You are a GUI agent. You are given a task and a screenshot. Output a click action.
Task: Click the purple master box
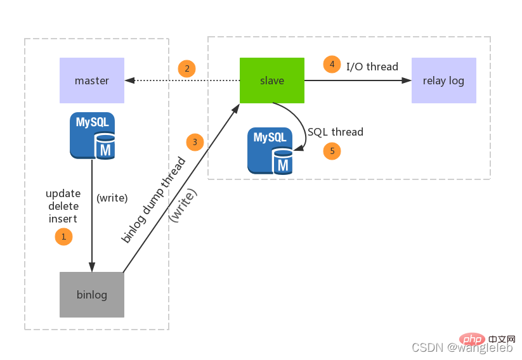coord(92,80)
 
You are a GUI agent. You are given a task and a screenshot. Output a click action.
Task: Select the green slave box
coord(272,80)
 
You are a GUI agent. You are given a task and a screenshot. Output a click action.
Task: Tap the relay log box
coord(443,80)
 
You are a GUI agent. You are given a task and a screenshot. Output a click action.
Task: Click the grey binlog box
coord(92,295)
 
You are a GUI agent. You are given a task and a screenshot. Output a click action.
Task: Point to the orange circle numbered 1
coord(63,237)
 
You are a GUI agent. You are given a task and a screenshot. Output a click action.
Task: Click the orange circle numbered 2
coord(186,68)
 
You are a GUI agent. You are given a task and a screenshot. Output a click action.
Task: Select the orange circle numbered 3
coord(195,142)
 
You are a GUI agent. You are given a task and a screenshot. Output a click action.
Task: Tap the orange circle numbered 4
coord(331,64)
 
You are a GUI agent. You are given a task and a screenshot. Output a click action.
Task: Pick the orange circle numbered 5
coord(332,151)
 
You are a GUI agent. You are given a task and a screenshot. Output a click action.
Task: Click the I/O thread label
coord(372,67)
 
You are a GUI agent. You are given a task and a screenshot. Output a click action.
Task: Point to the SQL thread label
coord(336,132)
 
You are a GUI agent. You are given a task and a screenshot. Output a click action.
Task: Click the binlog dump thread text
coord(153,200)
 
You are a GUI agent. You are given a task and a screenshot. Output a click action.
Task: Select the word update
coord(63,193)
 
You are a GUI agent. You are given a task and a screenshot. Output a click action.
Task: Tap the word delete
coord(63,206)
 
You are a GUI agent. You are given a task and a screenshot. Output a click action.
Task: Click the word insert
coord(63,219)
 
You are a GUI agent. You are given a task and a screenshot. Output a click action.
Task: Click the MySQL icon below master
coord(93,135)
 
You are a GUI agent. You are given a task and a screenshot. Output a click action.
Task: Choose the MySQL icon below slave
coord(270,151)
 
